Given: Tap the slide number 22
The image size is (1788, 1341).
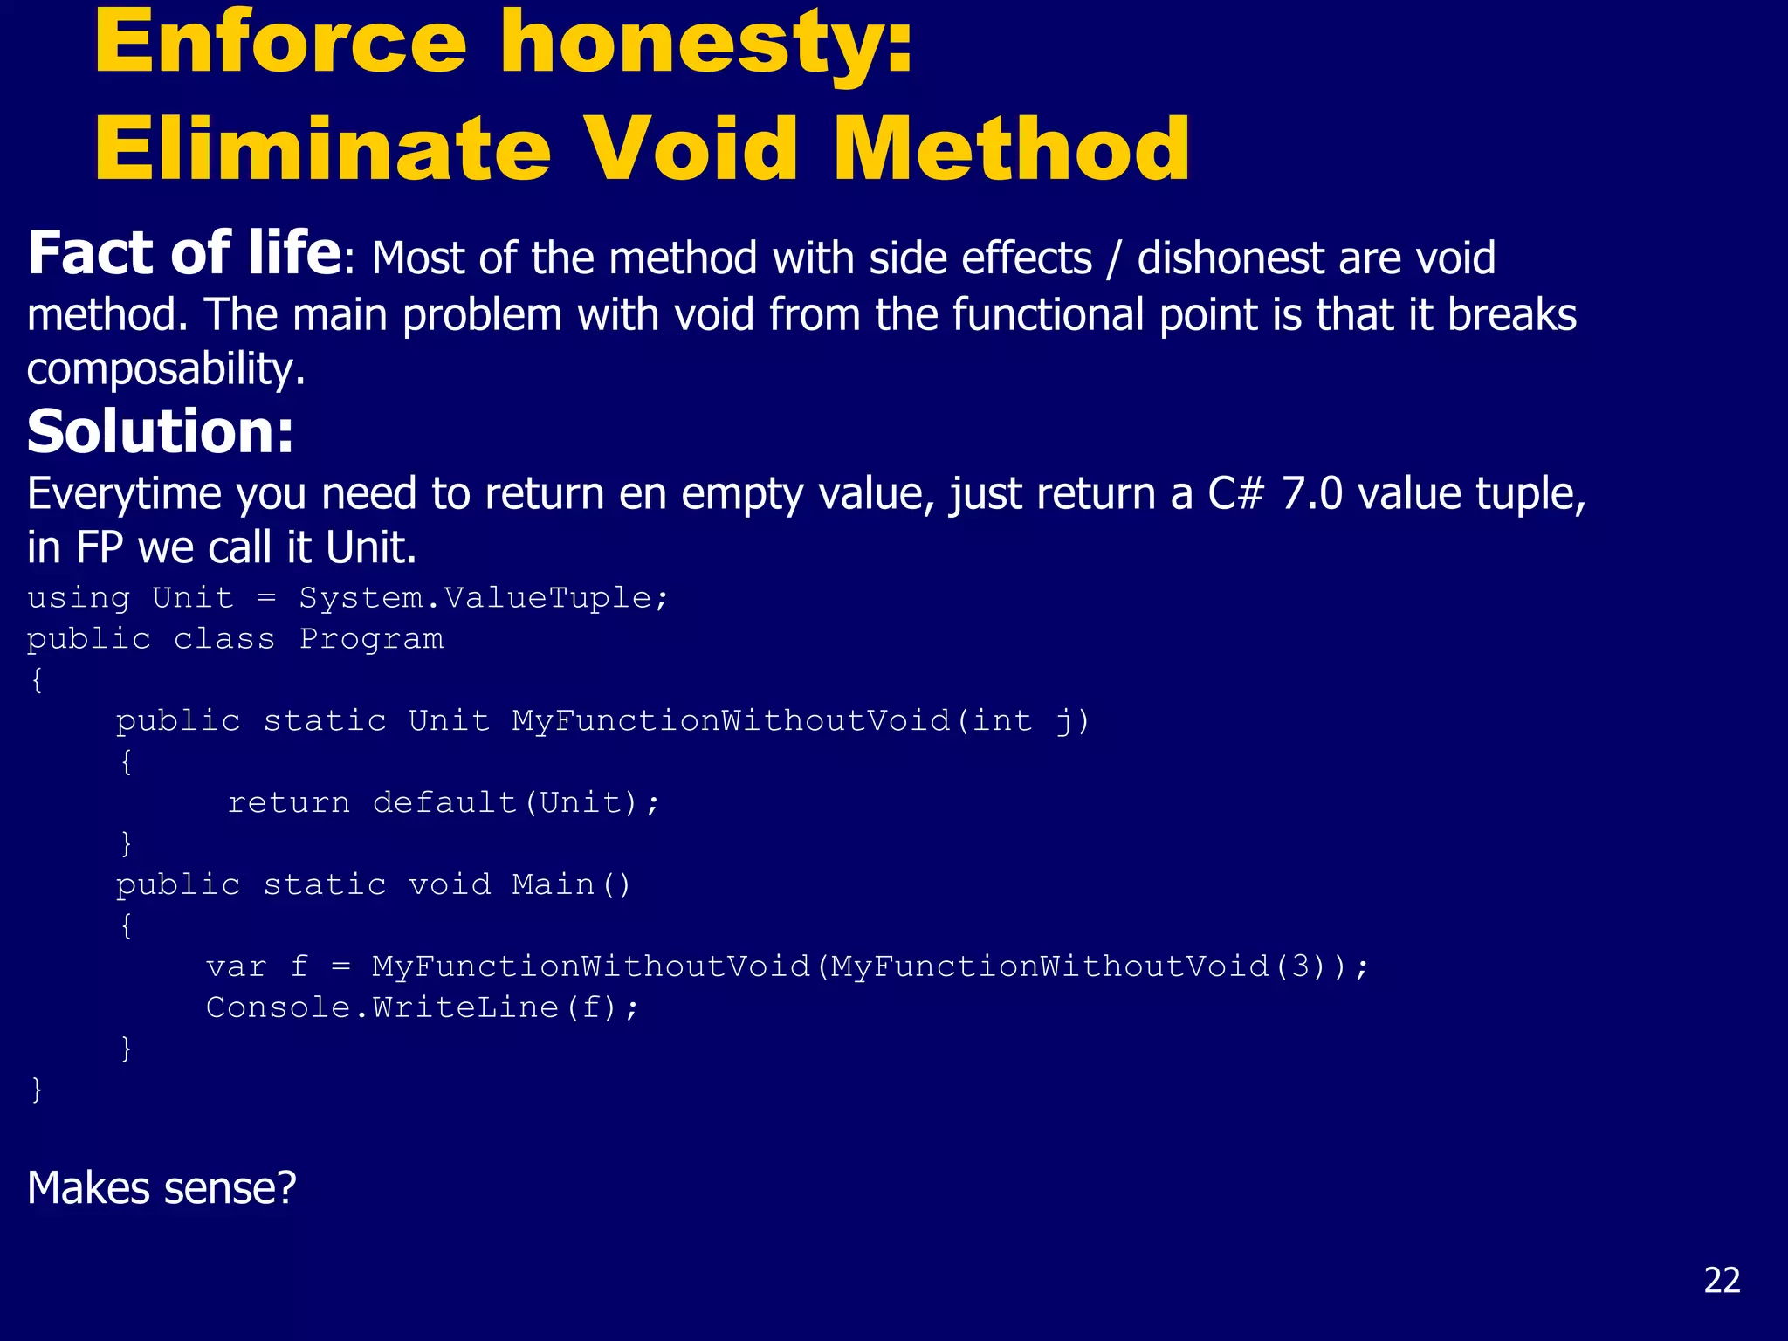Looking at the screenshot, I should (x=1722, y=1280).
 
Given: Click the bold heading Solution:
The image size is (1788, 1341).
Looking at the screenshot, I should (x=161, y=431).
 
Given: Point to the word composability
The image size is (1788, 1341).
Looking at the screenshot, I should (x=166, y=369).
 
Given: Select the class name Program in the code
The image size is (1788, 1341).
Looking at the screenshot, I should (x=372, y=639).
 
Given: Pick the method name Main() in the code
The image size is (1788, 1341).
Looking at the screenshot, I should (x=571, y=884).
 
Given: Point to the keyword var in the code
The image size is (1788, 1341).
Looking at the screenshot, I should (x=236, y=966).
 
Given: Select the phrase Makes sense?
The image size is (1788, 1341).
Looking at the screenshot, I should (x=162, y=1188).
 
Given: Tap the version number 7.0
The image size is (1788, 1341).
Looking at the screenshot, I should (x=1311, y=494).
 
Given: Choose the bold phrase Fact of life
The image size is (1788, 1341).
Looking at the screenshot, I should (x=184, y=253).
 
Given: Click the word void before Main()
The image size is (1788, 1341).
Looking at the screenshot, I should (x=450, y=884).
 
